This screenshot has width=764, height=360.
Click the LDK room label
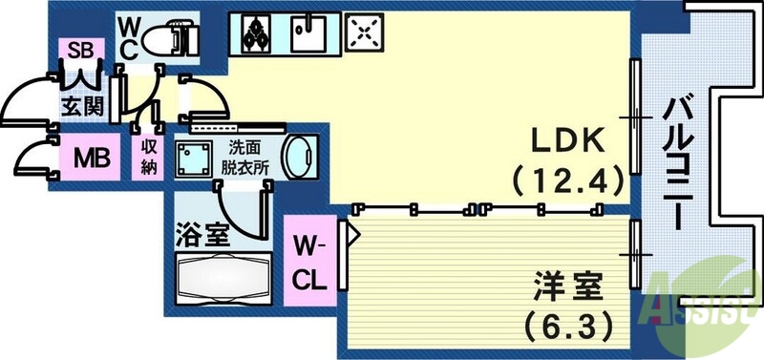click(567, 140)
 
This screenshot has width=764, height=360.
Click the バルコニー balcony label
click(679, 162)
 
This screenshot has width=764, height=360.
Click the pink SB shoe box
click(78, 49)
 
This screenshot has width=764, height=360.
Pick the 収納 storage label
click(150, 155)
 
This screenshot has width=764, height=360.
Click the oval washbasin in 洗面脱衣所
click(300, 157)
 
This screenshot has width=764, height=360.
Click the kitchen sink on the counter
click(309, 36)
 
